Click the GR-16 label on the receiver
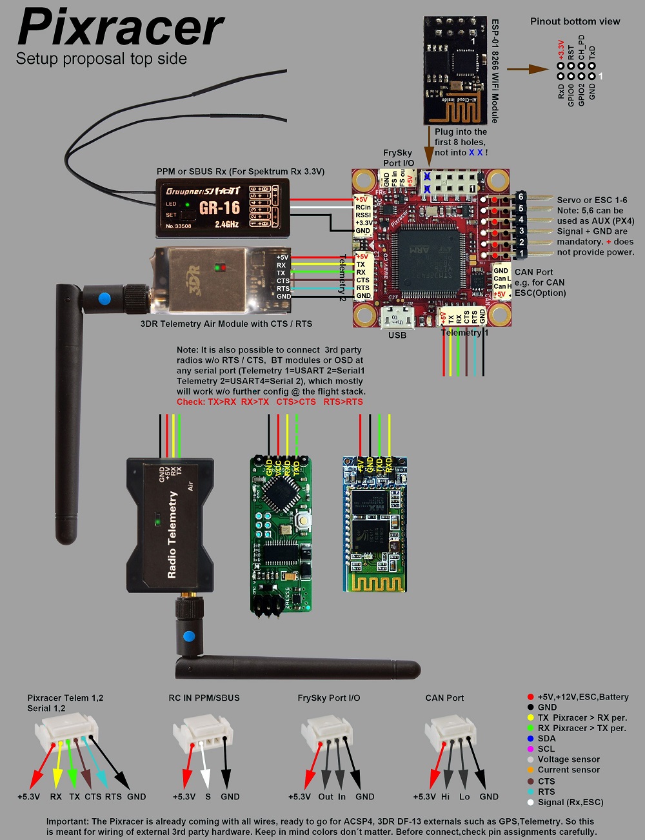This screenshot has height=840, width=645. click(x=219, y=208)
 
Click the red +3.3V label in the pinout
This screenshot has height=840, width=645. click(x=561, y=50)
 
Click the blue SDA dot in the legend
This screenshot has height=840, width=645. click(x=530, y=739)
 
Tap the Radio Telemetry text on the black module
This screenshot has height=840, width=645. click(x=172, y=534)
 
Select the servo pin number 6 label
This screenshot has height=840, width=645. click(x=521, y=197)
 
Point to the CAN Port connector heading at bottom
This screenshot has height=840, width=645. click(x=444, y=698)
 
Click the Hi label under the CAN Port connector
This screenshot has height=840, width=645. click(x=445, y=797)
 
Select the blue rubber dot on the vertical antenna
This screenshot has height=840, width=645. click(x=103, y=298)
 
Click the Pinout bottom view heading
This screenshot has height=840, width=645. click(x=575, y=21)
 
